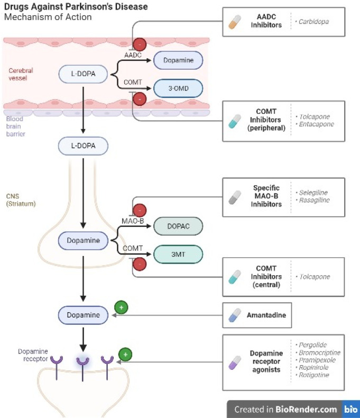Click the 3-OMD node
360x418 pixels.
[178, 88]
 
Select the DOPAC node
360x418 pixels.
[178, 226]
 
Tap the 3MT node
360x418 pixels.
[178, 255]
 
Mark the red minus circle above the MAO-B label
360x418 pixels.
[140, 210]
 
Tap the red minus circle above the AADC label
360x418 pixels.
[140, 44]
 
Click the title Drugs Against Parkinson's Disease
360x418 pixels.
[76, 7]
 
